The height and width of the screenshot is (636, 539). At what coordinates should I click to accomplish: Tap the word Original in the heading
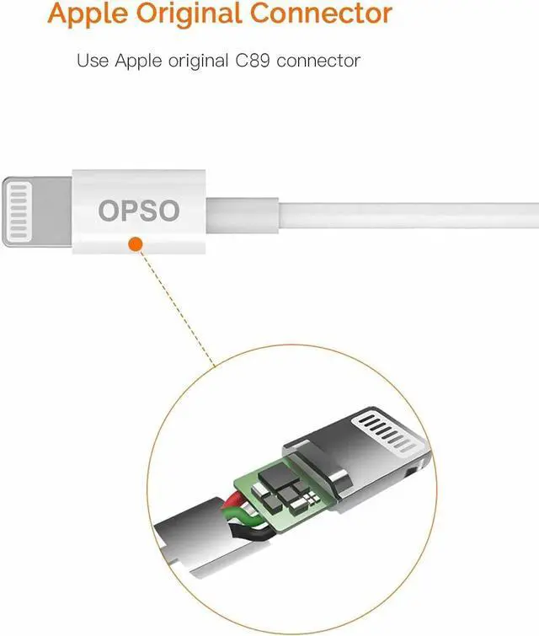pos(197,13)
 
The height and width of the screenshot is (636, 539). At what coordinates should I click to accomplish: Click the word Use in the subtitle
pos(90,61)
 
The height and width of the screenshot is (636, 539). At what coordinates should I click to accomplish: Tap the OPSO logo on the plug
pos(139,211)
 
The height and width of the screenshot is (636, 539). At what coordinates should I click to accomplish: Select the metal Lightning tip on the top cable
pos(38,211)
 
